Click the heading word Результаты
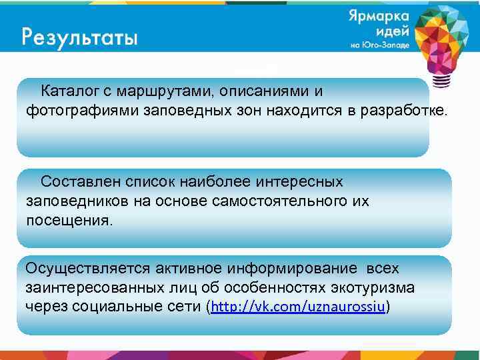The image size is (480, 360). click(x=79, y=35)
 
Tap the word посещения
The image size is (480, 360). click(x=69, y=220)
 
